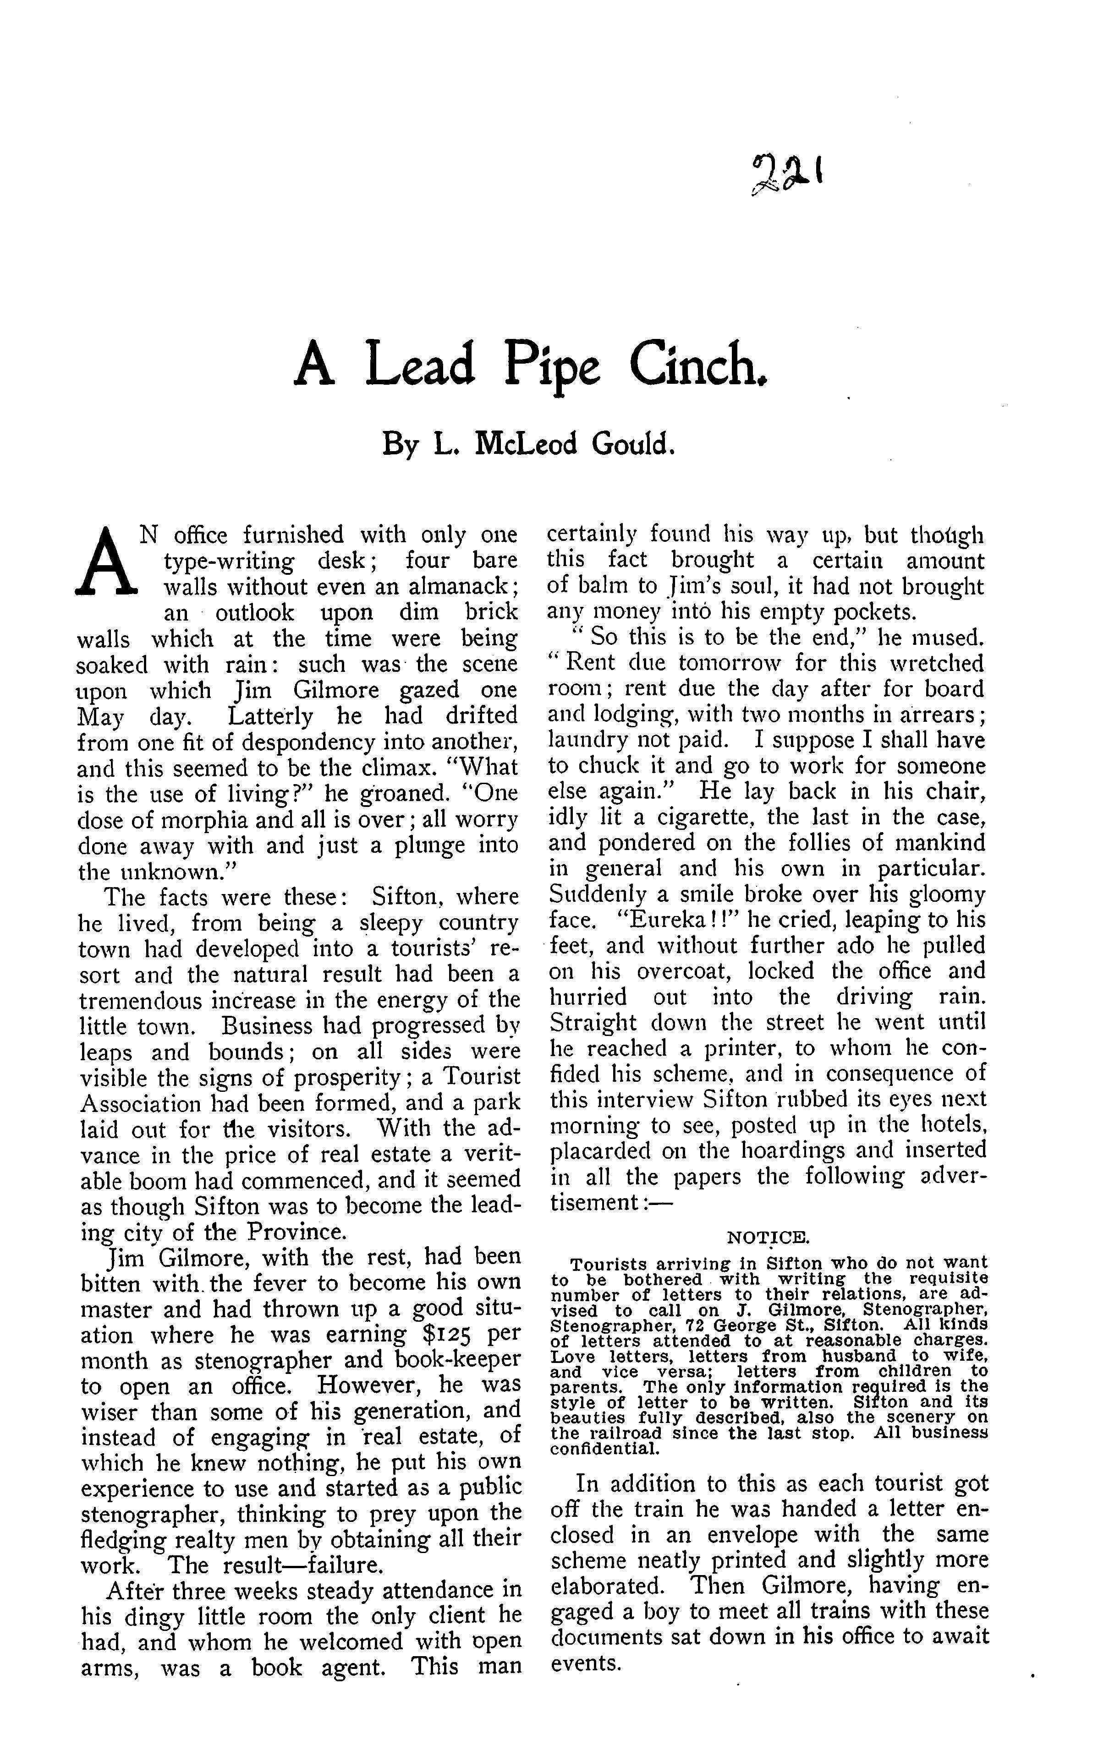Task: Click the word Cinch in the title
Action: coord(697,365)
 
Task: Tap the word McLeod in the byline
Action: coord(524,442)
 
